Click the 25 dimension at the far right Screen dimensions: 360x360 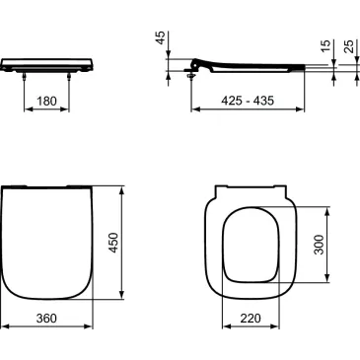pos(348,48)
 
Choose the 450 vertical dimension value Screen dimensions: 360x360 pos(113,241)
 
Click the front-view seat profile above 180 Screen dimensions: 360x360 pos(46,64)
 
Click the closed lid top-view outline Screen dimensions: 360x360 pos(46,242)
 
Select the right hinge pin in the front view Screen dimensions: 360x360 pos(69,75)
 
